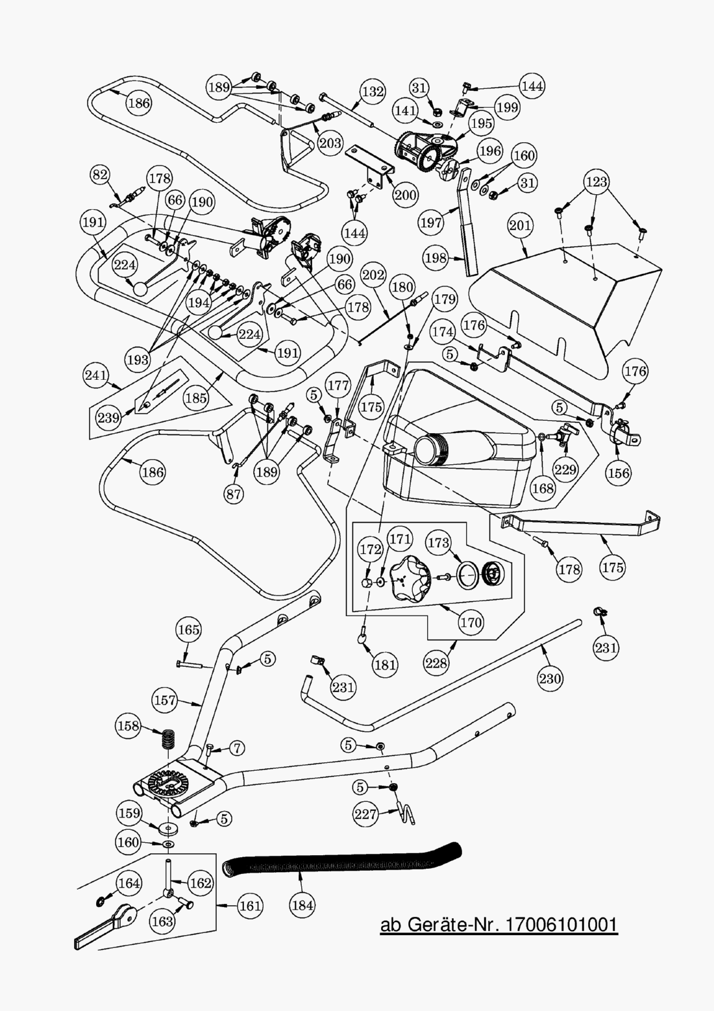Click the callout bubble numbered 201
(x=521, y=226)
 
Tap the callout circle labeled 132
(x=373, y=92)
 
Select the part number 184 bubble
(x=303, y=905)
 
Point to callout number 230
(x=550, y=679)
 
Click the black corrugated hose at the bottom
(x=344, y=862)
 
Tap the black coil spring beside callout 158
(x=169, y=739)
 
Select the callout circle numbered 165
(x=189, y=630)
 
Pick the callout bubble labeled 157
(x=165, y=700)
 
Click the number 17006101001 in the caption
(x=561, y=925)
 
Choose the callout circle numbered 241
(x=96, y=375)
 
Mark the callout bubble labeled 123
(x=596, y=182)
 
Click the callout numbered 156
(x=619, y=473)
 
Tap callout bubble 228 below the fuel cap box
(x=436, y=662)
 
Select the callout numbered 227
(x=366, y=814)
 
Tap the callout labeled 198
(x=436, y=258)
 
